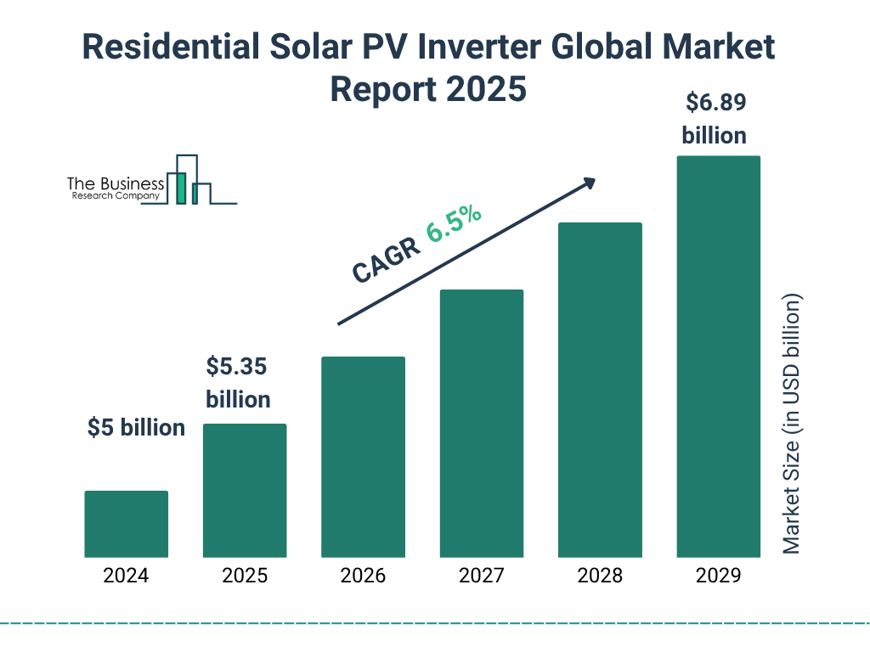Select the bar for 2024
tap(126, 524)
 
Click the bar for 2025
tap(245, 490)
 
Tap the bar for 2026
tap(363, 457)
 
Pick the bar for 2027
tap(481, 423)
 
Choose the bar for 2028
tap(600, 390)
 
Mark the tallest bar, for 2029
tap(718, 357)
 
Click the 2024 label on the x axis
tap(126, 576)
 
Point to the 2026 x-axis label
tap(363, 576)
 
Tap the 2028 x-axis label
tap(600, 576)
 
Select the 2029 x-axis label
tap(718, 576)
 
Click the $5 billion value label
tap(136, 428)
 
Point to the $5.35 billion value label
tap(238, 383)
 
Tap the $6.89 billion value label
tap(715, 119)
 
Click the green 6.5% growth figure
tap(455, 222)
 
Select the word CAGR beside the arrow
tap(385, 260)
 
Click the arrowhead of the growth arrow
tap(589, 183)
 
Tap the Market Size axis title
tap(792, 424)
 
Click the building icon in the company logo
tap(189, 180)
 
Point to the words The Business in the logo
tap(116, 184)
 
